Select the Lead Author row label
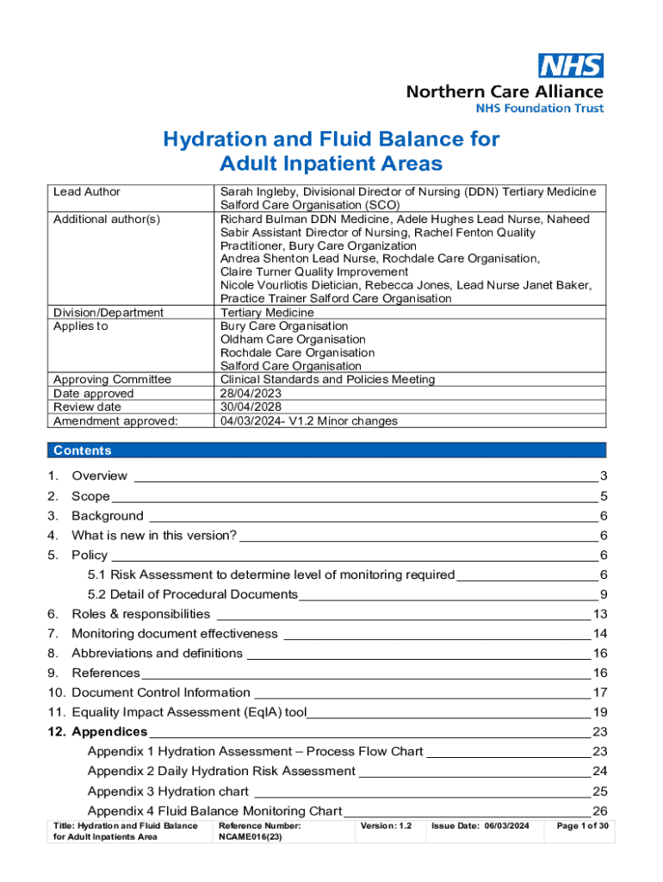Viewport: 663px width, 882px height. click(x=87, y=192)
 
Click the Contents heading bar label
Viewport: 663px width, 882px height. click(x=83, y=450)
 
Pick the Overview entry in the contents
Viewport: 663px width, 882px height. click(x=99, y=476)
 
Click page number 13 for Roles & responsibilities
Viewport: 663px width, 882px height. click(x=601, y=614)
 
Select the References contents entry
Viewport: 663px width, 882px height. click(x=105, y=674)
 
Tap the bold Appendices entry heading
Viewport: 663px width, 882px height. click(x=109, y=732)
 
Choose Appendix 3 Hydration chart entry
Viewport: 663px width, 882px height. click(x=168, y=792)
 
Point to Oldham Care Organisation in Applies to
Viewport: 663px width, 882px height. click(x=281, y=339)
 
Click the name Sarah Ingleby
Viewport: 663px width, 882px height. click(x=257, y=192)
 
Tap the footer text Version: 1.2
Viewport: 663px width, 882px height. click(x=386, y=826)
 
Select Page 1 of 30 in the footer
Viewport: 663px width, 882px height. click(x=584, y=826)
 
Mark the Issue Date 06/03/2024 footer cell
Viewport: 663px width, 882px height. click(x=487, y=826)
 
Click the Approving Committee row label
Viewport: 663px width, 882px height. click(x=112, y=380)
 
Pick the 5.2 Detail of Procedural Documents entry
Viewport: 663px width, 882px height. click(x=192, y=594)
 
